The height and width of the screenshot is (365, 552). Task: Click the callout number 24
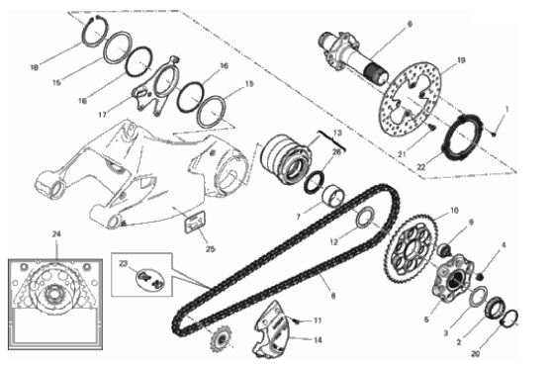coord(56,234)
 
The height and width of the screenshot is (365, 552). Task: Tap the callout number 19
coord(461,60)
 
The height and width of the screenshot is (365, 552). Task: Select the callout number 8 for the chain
coord(333,296)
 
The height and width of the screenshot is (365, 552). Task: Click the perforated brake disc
coord(412,100)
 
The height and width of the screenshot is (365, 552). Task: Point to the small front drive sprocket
coord(221,338)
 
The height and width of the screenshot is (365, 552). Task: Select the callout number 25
coord(210,249)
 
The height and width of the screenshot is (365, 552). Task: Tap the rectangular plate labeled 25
coord(195,223)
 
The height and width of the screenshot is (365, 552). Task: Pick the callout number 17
coord(102,115)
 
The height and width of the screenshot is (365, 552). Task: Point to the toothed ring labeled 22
coord(462,137)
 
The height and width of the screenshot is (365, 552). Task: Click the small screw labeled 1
coord(494,134)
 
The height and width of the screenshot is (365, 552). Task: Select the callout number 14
coord(318,340)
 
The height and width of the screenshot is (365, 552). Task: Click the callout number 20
coord(475,353)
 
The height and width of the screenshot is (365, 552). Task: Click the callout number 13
coord(337,133)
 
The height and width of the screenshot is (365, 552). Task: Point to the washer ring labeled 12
coord(366,218)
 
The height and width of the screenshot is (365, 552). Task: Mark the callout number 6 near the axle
coord(410,24)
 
